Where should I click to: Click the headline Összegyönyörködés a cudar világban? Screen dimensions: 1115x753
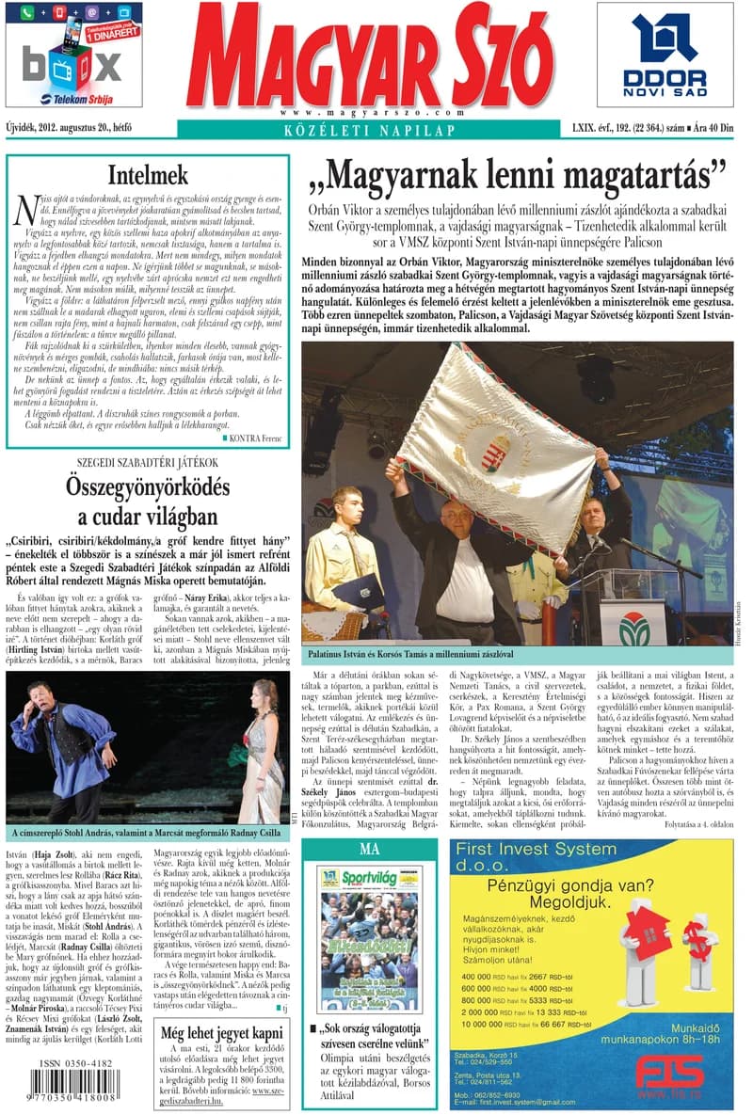click(x=147, y=502)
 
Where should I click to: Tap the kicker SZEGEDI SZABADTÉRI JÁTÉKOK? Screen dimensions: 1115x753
click(x=147, y=462)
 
